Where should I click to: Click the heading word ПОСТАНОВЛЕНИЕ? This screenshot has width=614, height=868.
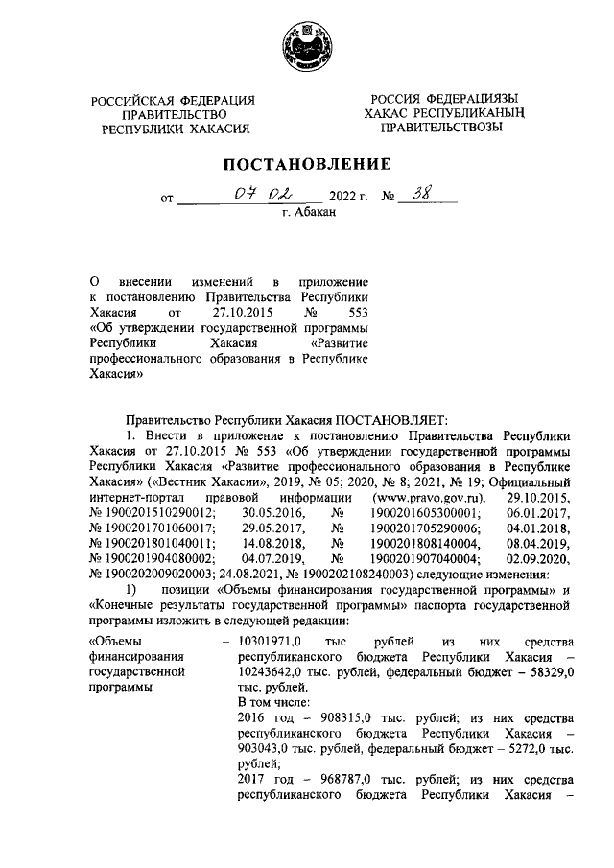[307, 164]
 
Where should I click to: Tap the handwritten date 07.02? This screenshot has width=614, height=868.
[253, 198]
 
